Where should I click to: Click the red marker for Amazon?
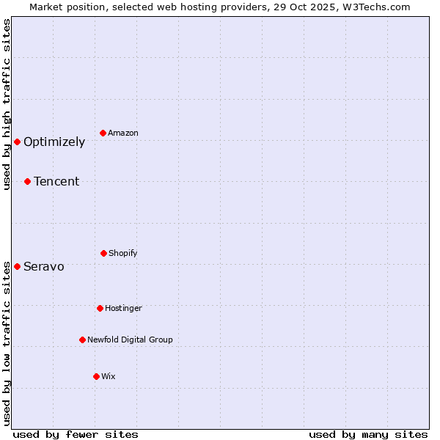(103, 133)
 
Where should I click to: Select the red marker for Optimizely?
(17, 142)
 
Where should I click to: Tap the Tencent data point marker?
(27, 181)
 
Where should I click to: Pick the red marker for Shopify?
(103, 253)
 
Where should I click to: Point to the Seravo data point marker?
(17, 266)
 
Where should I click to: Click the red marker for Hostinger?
(100, 308)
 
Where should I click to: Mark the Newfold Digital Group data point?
(82, 340)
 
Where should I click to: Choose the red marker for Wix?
(96, 376)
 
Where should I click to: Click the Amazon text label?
(123, 133)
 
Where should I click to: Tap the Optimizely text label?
(54, 142)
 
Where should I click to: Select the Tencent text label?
(56, 182)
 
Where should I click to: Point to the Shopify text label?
(123, 253)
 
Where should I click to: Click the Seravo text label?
(44, 267)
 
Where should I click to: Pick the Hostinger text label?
(123, 308)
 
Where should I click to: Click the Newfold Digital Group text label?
(130, 340)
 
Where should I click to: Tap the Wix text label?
(109, 376)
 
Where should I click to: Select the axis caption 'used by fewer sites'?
(76, 434)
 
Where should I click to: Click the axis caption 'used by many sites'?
(368, 434)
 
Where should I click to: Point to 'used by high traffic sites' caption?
(7, 104)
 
